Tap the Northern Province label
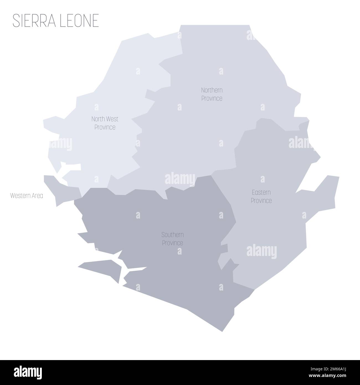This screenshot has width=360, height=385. [x=212, y=94]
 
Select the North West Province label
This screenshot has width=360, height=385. [x=105, y=123]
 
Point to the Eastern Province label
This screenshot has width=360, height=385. [x=261, y=196]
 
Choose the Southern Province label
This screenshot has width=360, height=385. [x=173, y=239]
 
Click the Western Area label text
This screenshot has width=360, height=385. [x=27, y=196]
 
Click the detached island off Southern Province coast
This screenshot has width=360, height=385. [x=101, y=268]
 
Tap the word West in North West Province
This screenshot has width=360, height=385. [x=112, y=119]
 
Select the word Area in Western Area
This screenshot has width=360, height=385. [x=37, y=196]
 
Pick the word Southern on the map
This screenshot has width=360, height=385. [x=173, y=235]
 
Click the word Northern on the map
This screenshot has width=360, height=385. [x=212, y=90]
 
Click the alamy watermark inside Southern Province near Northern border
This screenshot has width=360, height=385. [x=180, y=179]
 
